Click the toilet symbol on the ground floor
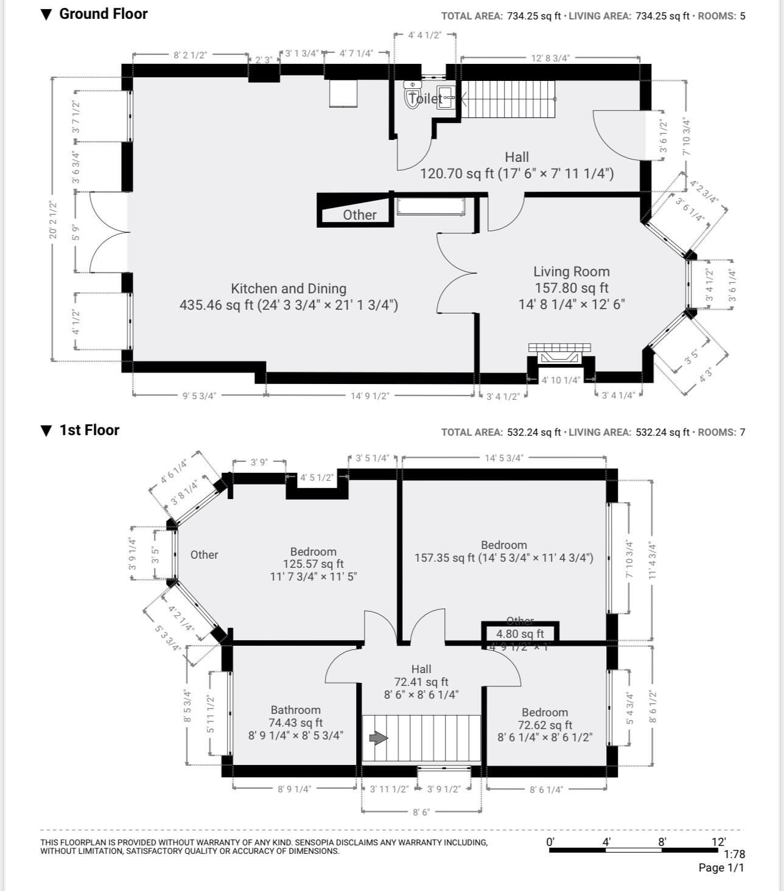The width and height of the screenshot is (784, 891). point(413,95)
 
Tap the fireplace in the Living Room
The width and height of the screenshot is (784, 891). point(559,355)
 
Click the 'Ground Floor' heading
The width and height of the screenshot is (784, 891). point(103,14)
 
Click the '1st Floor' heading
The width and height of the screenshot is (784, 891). point(89,430)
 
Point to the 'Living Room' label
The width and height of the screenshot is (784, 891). point(571,272)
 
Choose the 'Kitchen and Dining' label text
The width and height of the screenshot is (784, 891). point(289,289)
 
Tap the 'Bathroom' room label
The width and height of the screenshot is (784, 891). point(295,710)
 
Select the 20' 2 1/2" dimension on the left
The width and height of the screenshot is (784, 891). point(54,220)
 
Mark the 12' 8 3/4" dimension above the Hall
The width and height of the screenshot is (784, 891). point(550,58)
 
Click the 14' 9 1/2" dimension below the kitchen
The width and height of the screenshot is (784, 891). point(369,396)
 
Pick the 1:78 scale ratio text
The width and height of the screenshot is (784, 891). point(734,854)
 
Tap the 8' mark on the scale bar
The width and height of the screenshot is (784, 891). point(662,842)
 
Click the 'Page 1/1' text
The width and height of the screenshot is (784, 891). point(721,868)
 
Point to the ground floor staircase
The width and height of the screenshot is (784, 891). point(509,99)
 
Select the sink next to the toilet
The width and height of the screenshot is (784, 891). point(446,97)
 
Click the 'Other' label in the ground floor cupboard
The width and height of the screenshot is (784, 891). point(359,215)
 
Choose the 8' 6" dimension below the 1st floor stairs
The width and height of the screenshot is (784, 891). point(421,812)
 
